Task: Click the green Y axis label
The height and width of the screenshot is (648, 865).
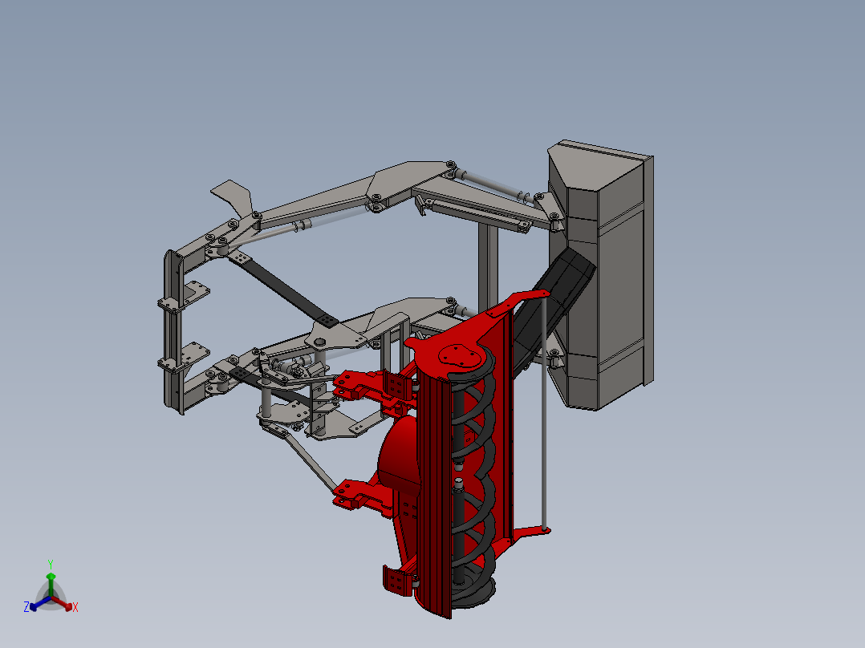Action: [51, 564]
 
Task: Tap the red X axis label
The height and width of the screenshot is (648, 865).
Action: [75, 608]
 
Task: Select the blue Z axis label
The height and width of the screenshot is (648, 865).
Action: [26, 608]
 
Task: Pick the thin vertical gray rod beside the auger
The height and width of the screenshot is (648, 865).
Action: [544, 417]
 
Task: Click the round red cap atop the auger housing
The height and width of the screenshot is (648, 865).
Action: [457, 355]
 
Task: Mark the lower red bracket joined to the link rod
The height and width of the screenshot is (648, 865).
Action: [353, 493]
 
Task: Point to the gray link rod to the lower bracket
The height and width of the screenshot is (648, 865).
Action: [309, 461]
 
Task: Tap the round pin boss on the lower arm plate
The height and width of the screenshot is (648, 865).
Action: [320, 342]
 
